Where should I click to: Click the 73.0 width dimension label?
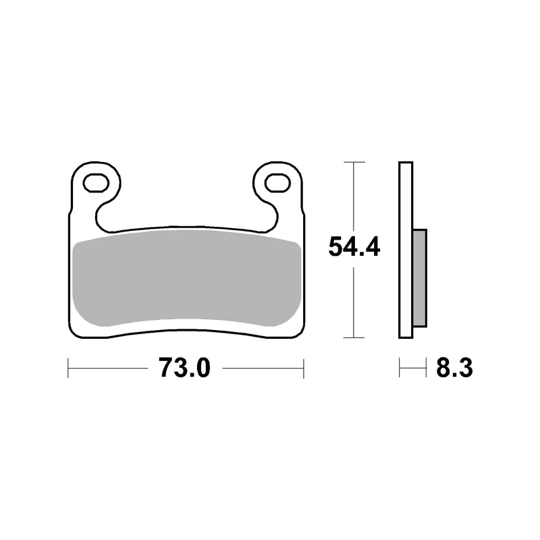click(x=184, y=368)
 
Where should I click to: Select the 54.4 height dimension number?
click(x=354, y=246)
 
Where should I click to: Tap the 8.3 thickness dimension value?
click(x=454, y=368)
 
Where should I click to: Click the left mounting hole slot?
click(x=96, y=182)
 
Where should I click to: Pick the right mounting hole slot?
click(x=277, y=182)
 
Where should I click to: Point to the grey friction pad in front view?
click(x=188, y=278)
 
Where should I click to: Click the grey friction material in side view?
click(x=420, y=277)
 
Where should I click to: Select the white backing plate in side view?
click(x=406, y=250)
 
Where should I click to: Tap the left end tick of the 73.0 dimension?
click(x=68, y=368)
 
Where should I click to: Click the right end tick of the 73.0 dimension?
click(x=303, y=368)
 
